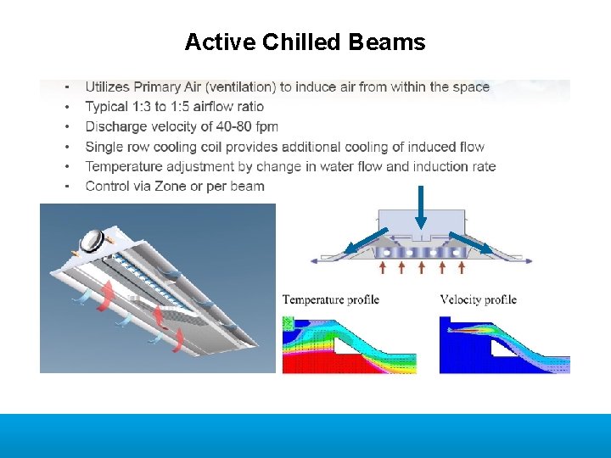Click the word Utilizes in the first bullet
[109, 87]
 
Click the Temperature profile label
[330, 299]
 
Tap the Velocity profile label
[478, 299]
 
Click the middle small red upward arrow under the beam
[422, 267]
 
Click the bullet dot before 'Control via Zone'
[66, 186]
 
